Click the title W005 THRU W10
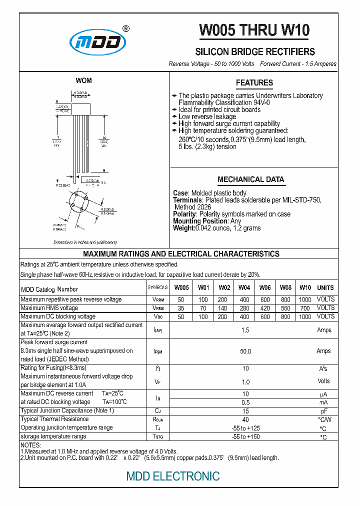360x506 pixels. coord(254,30)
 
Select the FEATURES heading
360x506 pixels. coord(254,83)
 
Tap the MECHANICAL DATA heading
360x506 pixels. coord(250,179)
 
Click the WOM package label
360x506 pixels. coord(83,80)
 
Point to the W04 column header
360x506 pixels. coord(244,288)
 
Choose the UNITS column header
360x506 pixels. coord(325,288)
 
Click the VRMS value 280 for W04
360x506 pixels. coord(244,308)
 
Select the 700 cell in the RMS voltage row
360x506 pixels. coord(305,308)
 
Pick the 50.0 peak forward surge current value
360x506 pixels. coord(245,351)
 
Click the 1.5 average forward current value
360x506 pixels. coord(245,330)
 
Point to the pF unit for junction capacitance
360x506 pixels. coord(323,411)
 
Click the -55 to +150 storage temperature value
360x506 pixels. coord(245,437)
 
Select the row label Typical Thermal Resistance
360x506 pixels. coord(54,419)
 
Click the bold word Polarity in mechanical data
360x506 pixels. coord(184,214)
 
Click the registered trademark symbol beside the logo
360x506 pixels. coord(126,28)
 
